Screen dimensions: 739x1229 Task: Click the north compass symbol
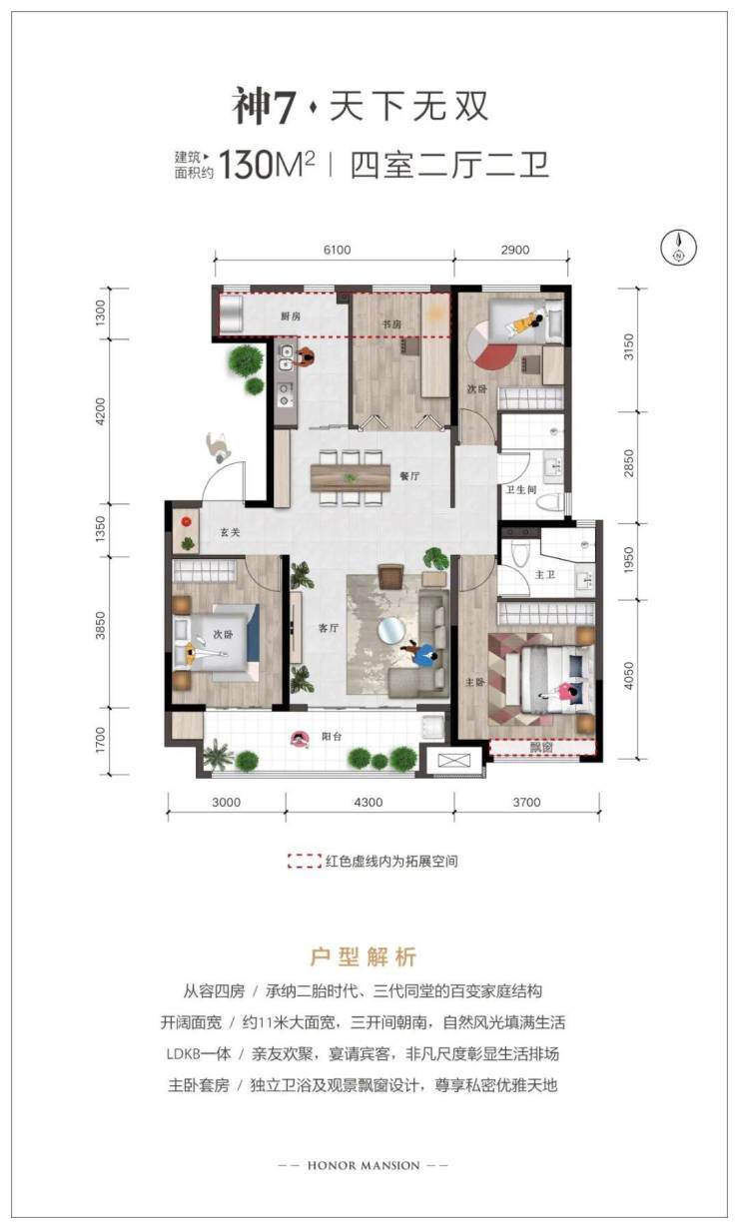[x=678, y=247]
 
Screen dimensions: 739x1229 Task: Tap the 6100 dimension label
[x=337, y=251]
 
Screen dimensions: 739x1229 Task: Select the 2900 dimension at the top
[x=514, y=251]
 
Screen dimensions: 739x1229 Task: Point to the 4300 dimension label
[x=369, y=802]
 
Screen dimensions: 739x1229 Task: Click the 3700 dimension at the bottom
[x=526, y=802]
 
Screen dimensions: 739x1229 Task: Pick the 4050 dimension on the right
[x=629, y=676]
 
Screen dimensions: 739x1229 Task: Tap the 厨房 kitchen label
[x=291, y=316]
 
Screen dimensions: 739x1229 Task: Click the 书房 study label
[x=391, y=324]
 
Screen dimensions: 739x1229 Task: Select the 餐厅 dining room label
[x=409, y=476]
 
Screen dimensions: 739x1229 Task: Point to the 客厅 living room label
[x=329, y=628]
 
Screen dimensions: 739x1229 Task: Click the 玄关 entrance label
[x=230, y=532]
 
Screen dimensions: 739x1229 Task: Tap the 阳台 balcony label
[x=332, y=737]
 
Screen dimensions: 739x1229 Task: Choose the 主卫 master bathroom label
[x=545, y=574]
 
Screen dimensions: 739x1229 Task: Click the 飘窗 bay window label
[x=541, y=747]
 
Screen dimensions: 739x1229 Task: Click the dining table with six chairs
[x=350, y=477]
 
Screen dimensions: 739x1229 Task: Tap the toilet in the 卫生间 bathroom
[x=549, y=501]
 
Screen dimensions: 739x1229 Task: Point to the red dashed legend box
[x=304, y=861]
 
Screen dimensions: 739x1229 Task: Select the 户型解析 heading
[x=364, y=956]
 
